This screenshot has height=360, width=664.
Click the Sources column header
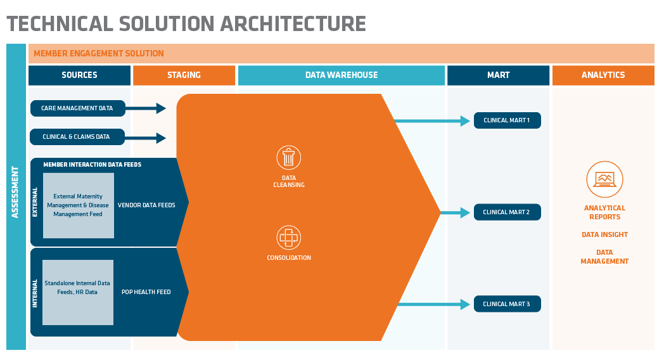[79, 75]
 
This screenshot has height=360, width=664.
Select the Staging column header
[184, 75]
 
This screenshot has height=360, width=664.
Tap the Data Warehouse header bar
[342, 75]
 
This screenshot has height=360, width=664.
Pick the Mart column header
[498, 75]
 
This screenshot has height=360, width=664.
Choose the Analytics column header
[603, 75]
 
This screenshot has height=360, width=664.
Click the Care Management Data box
[77, 108]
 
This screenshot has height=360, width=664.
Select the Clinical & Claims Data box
[77, 137]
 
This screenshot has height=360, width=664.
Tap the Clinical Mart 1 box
[507, 120]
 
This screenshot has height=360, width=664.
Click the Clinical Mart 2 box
[507, 212]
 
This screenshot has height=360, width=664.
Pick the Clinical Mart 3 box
[507, 304]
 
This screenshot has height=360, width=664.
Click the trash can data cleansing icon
[289, 158]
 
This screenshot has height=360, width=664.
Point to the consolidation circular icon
[289, 238]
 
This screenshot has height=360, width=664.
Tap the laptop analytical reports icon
[604, 179]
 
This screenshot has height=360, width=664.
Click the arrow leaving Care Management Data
[146, 108]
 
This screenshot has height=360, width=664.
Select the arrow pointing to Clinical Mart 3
[433, 304]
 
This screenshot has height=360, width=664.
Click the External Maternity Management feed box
[79, 205]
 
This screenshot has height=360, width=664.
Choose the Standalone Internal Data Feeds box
[78, 292]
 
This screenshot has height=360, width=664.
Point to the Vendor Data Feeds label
[146, 205]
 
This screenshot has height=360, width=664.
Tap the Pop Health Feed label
[146, 292]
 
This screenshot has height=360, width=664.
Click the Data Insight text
[604, 235]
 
